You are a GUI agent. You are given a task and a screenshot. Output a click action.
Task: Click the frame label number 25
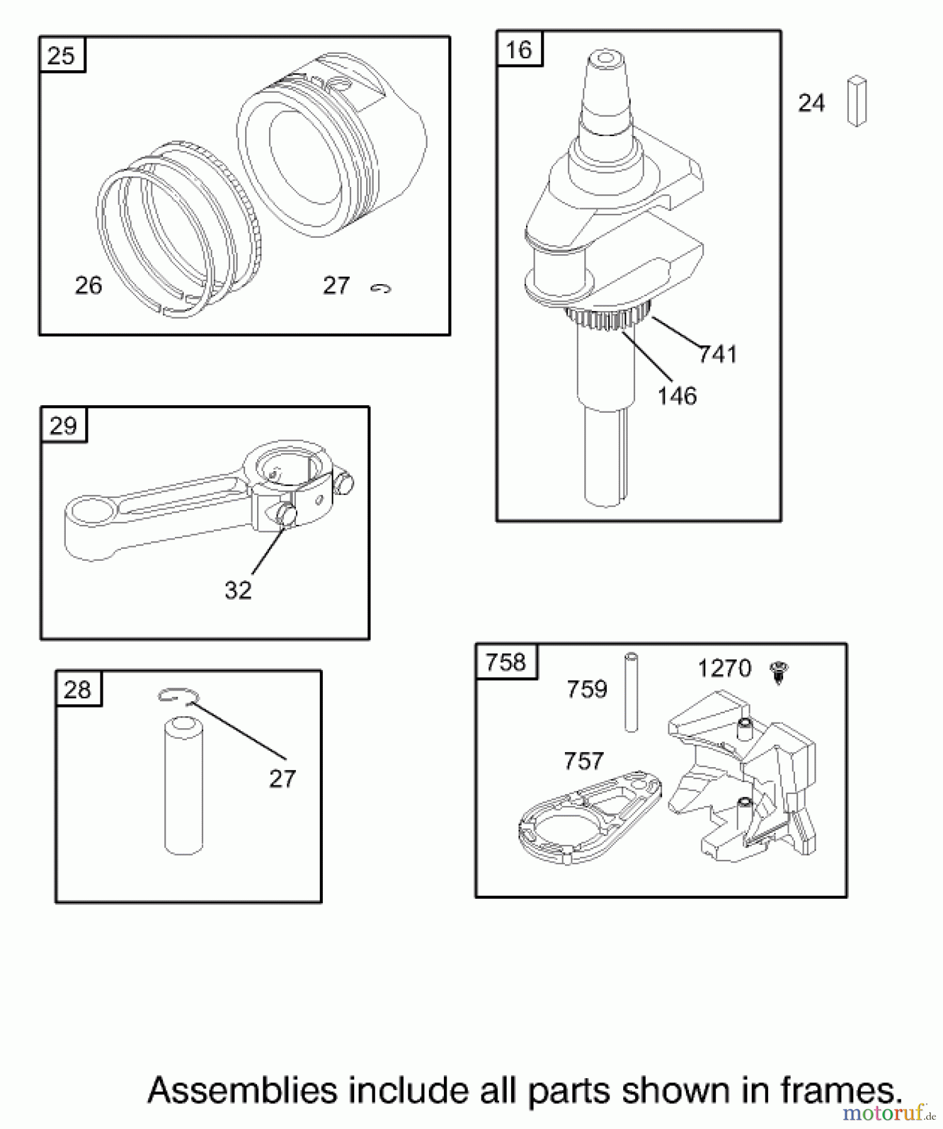click(61, 56)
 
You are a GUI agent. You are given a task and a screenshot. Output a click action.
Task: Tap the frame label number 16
click(519, 50)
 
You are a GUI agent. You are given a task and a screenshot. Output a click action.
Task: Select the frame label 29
click(63, 426)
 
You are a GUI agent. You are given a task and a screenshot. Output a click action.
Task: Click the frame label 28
click(78, 690)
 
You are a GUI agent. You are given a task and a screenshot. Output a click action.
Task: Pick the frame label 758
click(505, 662)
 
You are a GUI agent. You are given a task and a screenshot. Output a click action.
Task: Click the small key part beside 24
click(856, 101)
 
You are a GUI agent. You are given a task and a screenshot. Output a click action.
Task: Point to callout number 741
click(718, 355)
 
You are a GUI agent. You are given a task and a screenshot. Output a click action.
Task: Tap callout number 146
click(677, 396)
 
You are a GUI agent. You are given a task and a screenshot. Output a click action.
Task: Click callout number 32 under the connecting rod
click(238, 590)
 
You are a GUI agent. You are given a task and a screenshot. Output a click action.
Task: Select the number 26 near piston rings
click(88, 285)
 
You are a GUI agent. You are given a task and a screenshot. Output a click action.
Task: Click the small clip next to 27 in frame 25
click(381, 288)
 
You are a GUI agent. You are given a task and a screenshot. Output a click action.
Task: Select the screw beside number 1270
click(779, 672)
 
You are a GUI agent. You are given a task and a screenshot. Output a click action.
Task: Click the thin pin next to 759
click(631, 692)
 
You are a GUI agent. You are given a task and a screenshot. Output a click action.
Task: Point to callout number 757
click(583, 761)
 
